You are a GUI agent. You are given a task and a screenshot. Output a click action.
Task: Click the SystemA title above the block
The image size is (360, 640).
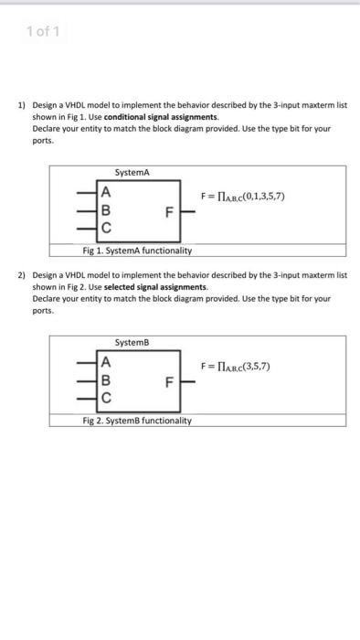point(132,173)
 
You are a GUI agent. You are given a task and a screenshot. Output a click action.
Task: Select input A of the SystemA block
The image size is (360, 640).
point(107,192)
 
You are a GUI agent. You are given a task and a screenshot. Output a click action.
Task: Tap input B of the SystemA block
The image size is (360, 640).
point(107,209)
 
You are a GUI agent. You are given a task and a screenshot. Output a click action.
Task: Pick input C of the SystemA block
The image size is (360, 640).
point(107,228)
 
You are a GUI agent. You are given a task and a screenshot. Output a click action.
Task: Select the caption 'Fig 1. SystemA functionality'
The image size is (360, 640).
point(136,249)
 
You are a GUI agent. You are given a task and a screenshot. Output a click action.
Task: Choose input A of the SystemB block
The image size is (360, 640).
point(107,363)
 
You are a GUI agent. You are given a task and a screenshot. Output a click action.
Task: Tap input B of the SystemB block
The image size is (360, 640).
point(107,380)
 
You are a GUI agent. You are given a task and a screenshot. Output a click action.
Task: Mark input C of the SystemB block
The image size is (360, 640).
point(107,398)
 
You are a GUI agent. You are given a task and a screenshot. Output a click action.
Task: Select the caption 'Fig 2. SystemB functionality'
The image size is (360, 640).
point(136,420)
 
